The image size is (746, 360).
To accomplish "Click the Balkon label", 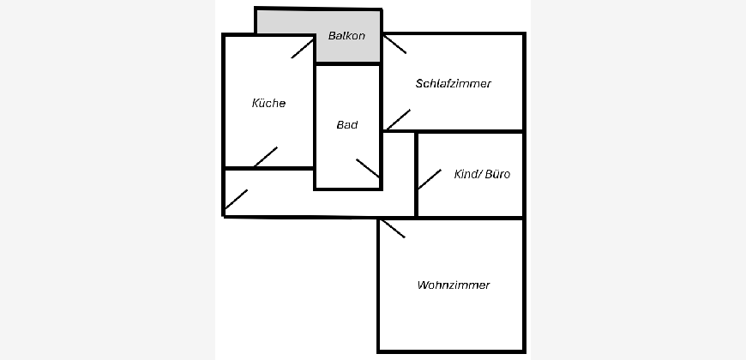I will [x=346, y=36].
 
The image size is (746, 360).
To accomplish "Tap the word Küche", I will [x=268, y=103].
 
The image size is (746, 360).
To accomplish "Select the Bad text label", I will [x=346, y=125].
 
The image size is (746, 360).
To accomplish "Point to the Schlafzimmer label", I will [x=453, y=84].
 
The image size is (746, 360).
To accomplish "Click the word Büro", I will [x=497, y=174].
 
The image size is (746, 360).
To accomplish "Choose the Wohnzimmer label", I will [x=453, y=285].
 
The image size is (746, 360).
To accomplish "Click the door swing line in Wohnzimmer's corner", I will [x=392, y=228].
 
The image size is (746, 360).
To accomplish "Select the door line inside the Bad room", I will [x=368, y=169].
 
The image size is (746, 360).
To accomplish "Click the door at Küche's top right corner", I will [x=303, y=48].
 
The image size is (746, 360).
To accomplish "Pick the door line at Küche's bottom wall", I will [x=265, y=158].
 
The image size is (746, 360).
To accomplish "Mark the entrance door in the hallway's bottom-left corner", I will [x=236, y=201].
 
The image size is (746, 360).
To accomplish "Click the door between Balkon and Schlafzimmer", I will [x=394, y=44].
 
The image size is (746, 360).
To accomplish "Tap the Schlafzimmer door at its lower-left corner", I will [x=397, y=120].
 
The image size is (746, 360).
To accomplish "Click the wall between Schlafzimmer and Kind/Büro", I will [x=470, y=132].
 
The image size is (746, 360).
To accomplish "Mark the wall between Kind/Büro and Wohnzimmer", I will [x=470, y=218].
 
